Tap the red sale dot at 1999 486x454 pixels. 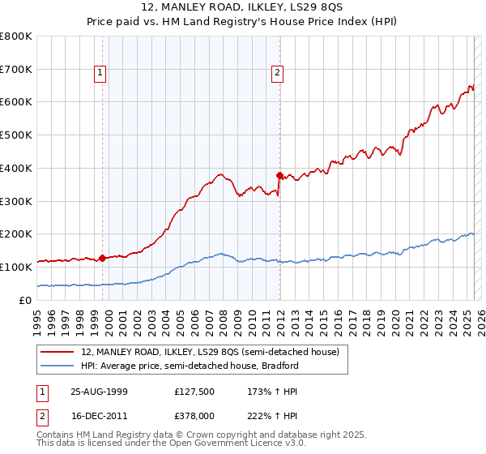click(x=103, y=258)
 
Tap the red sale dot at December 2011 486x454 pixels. click(x=279, y=175)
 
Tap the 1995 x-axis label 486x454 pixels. click(x=37, y=318)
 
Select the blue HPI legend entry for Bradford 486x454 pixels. click(x=190, y=366)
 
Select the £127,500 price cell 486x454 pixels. click(x=194, y=391)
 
